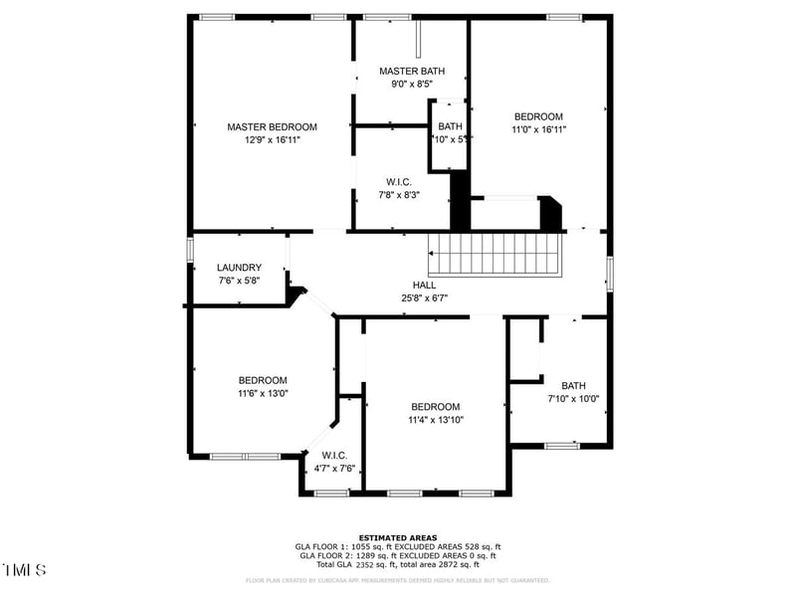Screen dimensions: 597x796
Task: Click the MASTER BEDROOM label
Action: pos(272,127)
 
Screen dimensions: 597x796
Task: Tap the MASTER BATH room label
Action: pos(411,72)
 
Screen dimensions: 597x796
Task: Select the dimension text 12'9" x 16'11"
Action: pos(272,140)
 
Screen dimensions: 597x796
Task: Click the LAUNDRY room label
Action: pos(239,268)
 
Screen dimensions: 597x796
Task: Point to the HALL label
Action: pos(425,285)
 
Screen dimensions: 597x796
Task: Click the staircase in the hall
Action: pos(495,255)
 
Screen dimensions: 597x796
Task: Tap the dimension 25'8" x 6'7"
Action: pos(425,297)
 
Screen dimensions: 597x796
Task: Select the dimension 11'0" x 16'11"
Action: pos(538,129)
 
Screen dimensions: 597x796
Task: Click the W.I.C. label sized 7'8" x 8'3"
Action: pos(398,182)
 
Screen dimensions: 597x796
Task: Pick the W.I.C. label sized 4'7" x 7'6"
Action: pos(333,456)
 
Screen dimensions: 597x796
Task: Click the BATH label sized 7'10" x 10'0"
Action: pos(573,386)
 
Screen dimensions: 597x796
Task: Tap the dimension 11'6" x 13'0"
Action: pos(263,393)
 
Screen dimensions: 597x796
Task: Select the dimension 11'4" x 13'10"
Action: pos(436,419)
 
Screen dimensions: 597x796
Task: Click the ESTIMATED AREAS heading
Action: pos(398,537)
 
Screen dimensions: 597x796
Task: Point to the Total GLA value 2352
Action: pos(370,564)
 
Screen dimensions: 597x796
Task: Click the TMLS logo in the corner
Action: pos(25,570)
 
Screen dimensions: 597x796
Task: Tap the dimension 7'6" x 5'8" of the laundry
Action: pos(239,281)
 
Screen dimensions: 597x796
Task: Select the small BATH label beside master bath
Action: pos(450,126)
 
